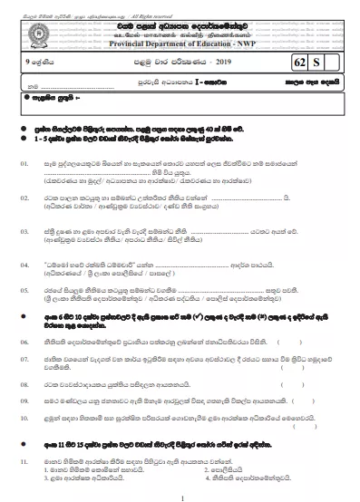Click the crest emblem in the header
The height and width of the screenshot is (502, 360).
[x=180, y=27]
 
